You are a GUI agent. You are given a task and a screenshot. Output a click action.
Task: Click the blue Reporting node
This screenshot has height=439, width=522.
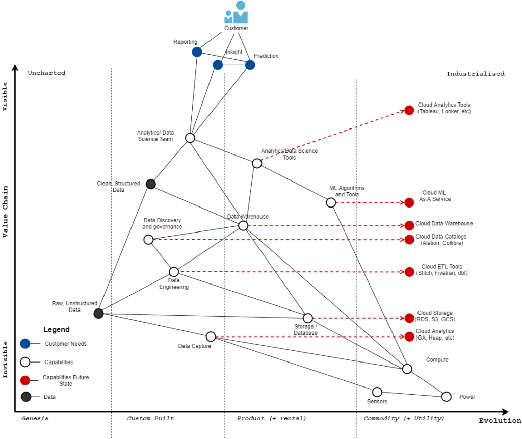click(197, 52)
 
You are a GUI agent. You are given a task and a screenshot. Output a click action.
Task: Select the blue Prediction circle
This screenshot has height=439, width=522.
click(250, 65)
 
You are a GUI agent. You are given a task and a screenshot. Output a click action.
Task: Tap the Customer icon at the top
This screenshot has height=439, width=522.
click(236, 12)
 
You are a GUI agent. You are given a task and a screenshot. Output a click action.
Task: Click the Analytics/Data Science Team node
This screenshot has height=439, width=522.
click(190, 138)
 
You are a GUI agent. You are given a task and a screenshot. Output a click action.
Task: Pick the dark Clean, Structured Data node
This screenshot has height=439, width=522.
click(150, 184)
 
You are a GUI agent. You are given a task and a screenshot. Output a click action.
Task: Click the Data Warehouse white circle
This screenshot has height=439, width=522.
click(243, 225)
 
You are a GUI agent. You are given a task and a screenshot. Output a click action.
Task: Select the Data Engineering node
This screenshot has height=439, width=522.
click(174, 272)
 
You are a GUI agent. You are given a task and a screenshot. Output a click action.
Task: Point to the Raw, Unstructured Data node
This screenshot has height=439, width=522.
click(99, 314)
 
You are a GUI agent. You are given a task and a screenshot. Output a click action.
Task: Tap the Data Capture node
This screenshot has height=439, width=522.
click(211, 337)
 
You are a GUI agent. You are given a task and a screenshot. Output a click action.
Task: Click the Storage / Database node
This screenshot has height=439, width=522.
click(307, 318)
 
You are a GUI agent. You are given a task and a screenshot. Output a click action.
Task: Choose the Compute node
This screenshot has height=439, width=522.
click(407, 369)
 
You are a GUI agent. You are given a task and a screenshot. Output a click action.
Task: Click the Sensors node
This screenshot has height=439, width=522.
click(377, 392)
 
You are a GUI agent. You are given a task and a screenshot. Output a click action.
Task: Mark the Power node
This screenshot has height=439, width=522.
click(447, 397)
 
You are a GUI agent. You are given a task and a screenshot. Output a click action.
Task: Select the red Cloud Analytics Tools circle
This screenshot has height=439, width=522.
click(409, 110)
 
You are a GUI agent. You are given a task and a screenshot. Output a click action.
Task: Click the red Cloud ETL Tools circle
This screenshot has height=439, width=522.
click(409, 272)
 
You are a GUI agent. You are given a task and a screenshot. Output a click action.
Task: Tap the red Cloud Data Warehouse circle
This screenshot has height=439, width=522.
click(409, 225)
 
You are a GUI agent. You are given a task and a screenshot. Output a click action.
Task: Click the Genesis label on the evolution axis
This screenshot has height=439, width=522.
click(35, 418)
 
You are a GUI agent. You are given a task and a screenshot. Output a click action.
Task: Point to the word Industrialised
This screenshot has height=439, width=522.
click(475, 74)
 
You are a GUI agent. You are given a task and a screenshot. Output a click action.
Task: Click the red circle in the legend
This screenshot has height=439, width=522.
click(25, 380)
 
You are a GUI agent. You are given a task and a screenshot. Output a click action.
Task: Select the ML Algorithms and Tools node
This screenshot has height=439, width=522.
click(331, 202)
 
